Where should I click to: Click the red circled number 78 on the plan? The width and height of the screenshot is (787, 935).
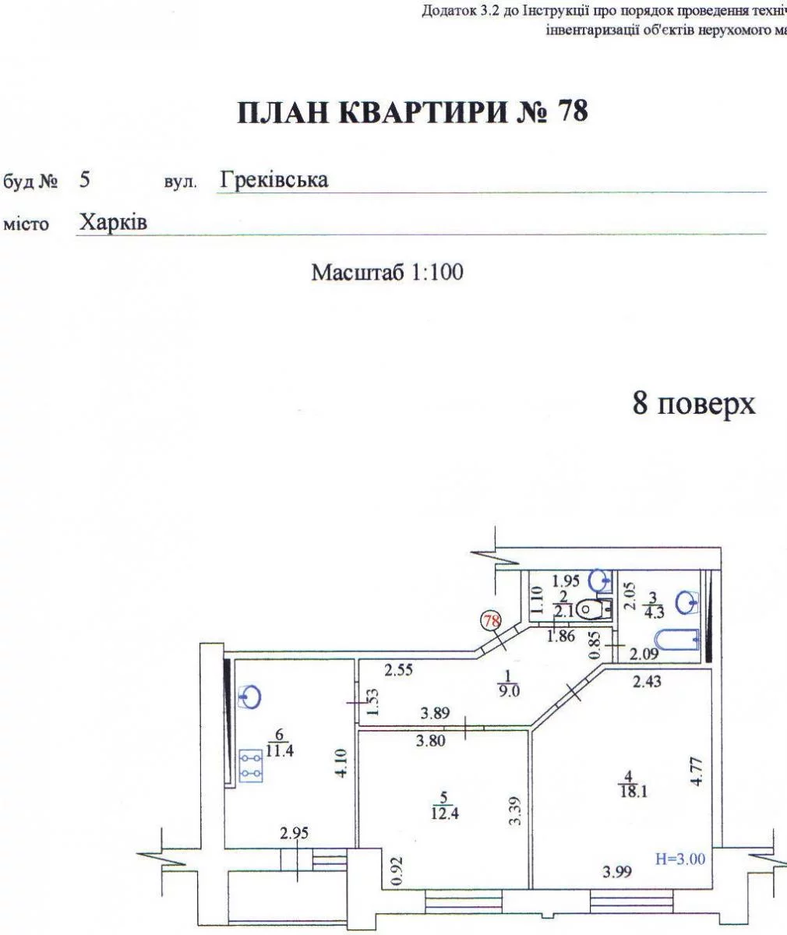tap(492, 621)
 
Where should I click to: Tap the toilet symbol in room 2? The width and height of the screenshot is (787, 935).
tap(591, 609)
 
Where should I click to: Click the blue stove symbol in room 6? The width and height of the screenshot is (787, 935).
tap(251, 764)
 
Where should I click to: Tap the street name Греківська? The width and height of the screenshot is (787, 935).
tap(274, 180)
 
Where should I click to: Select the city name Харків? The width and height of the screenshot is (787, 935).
tap(114, 222)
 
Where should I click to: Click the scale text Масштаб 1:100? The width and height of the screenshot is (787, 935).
tap(387, 273)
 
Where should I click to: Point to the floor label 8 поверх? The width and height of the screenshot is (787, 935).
tap(693, 405)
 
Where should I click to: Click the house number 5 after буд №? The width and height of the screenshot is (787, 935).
tap(85, 181)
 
